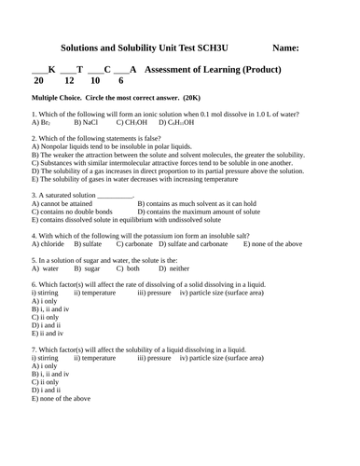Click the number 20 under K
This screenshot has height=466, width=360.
pyautogui.click(x=38, y=82)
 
